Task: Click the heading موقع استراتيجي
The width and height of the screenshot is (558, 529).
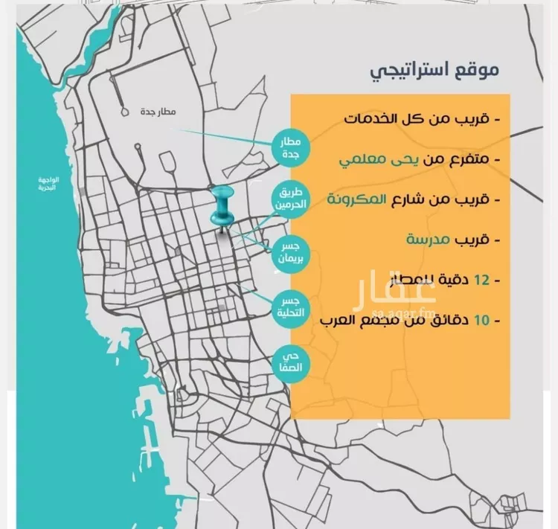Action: [x=434, y=71]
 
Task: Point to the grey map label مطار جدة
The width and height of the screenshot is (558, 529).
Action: [x=156, y=112]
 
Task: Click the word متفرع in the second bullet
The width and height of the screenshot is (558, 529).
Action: [x=469, y=159]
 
